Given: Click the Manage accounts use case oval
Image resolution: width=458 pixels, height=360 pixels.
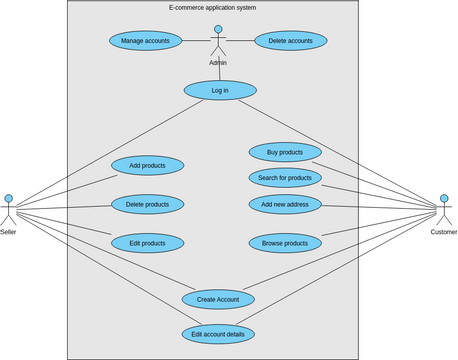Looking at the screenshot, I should coord(145,41).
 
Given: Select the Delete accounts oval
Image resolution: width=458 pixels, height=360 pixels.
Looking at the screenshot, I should coord(290,41).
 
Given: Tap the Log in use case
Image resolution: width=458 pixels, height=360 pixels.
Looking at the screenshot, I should coord(219,90).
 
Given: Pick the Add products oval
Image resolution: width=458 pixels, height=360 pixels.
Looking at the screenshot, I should coord(147,165).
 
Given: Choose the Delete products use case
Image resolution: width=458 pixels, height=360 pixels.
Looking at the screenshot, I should coord(147,204).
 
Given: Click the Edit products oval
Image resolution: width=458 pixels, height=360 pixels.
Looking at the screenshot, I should coord(147,243).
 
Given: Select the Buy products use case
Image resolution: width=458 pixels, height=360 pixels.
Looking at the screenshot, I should coord(285,152).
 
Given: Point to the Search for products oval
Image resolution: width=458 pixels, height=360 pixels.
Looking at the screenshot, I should coord(285,178).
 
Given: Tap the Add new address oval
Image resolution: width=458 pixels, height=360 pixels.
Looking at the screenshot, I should coord(285,204).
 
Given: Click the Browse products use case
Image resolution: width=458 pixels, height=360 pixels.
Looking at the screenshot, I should coord(285,243).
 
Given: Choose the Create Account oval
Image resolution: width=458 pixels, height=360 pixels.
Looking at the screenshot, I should coord(218,299).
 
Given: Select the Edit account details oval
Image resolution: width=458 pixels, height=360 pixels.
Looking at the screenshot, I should coord(218,334).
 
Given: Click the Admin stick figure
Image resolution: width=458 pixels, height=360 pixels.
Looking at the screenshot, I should coord(218,41).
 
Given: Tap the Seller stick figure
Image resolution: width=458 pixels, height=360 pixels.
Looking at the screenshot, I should coord(8,208).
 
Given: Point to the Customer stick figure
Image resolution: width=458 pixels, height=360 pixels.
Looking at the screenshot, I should coord(444,208).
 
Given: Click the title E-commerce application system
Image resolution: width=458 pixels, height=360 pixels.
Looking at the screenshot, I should coord(212,8).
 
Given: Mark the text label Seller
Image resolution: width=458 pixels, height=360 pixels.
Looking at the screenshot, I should coord(8,232).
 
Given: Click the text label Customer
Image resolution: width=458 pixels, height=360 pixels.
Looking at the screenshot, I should coord(444,232).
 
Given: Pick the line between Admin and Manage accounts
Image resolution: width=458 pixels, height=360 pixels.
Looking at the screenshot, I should coord(196,41).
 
